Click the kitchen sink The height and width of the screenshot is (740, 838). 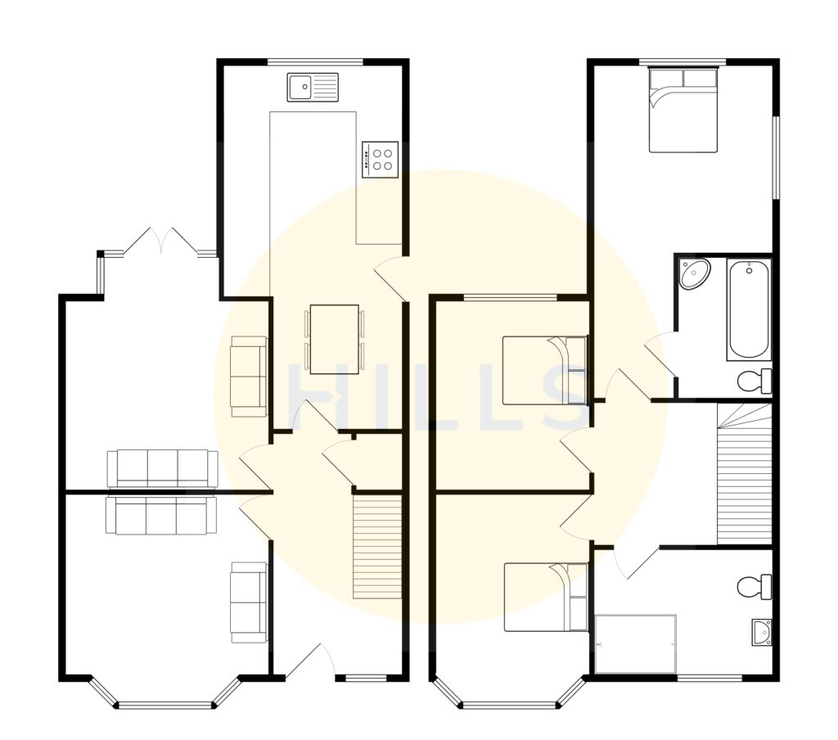(x=313, y=86)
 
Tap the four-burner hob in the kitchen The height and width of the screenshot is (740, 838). (x=381, y=158)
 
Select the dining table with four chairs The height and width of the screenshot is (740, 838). (x=335, y=339)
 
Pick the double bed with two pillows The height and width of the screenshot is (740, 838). (x=683, y=111)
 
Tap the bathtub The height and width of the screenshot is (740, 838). (x=749, y=309)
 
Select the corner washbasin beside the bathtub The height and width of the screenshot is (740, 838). (x=694, y=273)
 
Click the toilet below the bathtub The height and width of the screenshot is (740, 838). (x=754, y=380)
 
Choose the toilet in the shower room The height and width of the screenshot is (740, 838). (x=754, y=586)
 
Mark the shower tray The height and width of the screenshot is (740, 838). (x=636, y=644)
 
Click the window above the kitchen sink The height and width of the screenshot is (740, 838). (x=315, y=61)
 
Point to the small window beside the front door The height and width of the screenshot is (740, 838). (x=366, y=678)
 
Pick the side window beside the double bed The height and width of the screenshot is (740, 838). (x=776, y=156)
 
